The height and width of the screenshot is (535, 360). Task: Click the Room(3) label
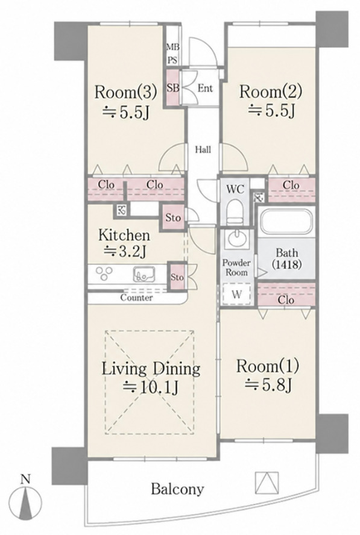pos(125,92)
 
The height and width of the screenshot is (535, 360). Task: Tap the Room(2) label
pos(271,92)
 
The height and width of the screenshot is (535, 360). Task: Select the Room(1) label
pos(268,366)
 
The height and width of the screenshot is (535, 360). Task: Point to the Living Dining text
pos(151,369)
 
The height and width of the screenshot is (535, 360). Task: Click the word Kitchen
pos(124,235)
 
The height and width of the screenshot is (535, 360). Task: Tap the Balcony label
pos(178,489)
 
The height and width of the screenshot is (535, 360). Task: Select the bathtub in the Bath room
pos(286,221)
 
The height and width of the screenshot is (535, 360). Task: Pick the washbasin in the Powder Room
pos(237,239)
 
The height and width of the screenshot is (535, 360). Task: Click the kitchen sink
pos(144,274)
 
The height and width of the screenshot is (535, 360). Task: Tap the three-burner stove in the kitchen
pos(104,274)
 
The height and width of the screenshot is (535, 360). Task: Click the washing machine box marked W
pos(237,294)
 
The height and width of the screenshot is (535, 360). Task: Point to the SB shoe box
pos(173,88)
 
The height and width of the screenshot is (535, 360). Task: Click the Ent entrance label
pos(205,89)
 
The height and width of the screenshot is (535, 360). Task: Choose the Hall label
pos(203,149)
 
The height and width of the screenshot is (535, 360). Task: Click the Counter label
pos(137,298)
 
